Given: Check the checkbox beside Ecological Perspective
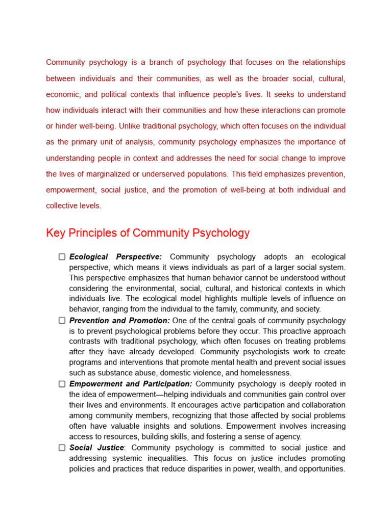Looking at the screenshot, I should click(62, 257).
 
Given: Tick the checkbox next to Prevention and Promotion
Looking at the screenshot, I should click(62, 321).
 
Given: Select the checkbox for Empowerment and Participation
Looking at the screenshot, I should click(62, 384).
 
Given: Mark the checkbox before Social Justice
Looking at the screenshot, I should click(62, 448).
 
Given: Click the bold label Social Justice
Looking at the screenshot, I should click(96, 448).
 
